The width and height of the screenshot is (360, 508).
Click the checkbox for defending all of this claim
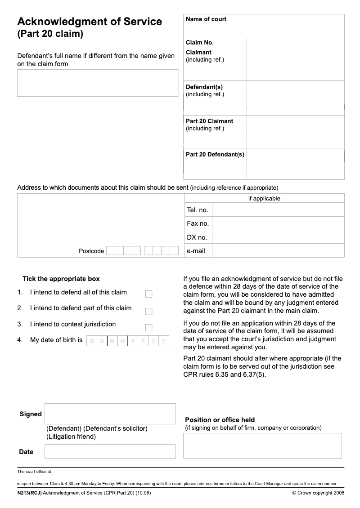148,294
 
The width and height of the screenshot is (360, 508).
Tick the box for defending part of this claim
148,311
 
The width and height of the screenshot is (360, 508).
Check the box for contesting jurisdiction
148,328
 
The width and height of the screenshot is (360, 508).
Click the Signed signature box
110,414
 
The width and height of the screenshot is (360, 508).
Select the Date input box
110,451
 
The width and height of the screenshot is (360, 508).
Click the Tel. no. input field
278,210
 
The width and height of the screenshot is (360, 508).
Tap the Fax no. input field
278,223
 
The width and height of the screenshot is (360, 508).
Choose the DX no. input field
278,237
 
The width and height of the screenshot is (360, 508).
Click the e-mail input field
278,251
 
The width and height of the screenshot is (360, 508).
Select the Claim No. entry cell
295,43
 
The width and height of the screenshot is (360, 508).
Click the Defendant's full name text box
98,83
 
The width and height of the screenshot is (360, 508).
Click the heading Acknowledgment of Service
90,22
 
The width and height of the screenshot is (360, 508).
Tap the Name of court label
206,19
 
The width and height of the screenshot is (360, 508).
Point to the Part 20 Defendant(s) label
215,155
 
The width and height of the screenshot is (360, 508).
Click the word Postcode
91,251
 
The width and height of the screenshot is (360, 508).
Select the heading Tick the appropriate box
61,279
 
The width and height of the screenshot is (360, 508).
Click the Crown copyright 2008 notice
318,493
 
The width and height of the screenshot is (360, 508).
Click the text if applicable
264,199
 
